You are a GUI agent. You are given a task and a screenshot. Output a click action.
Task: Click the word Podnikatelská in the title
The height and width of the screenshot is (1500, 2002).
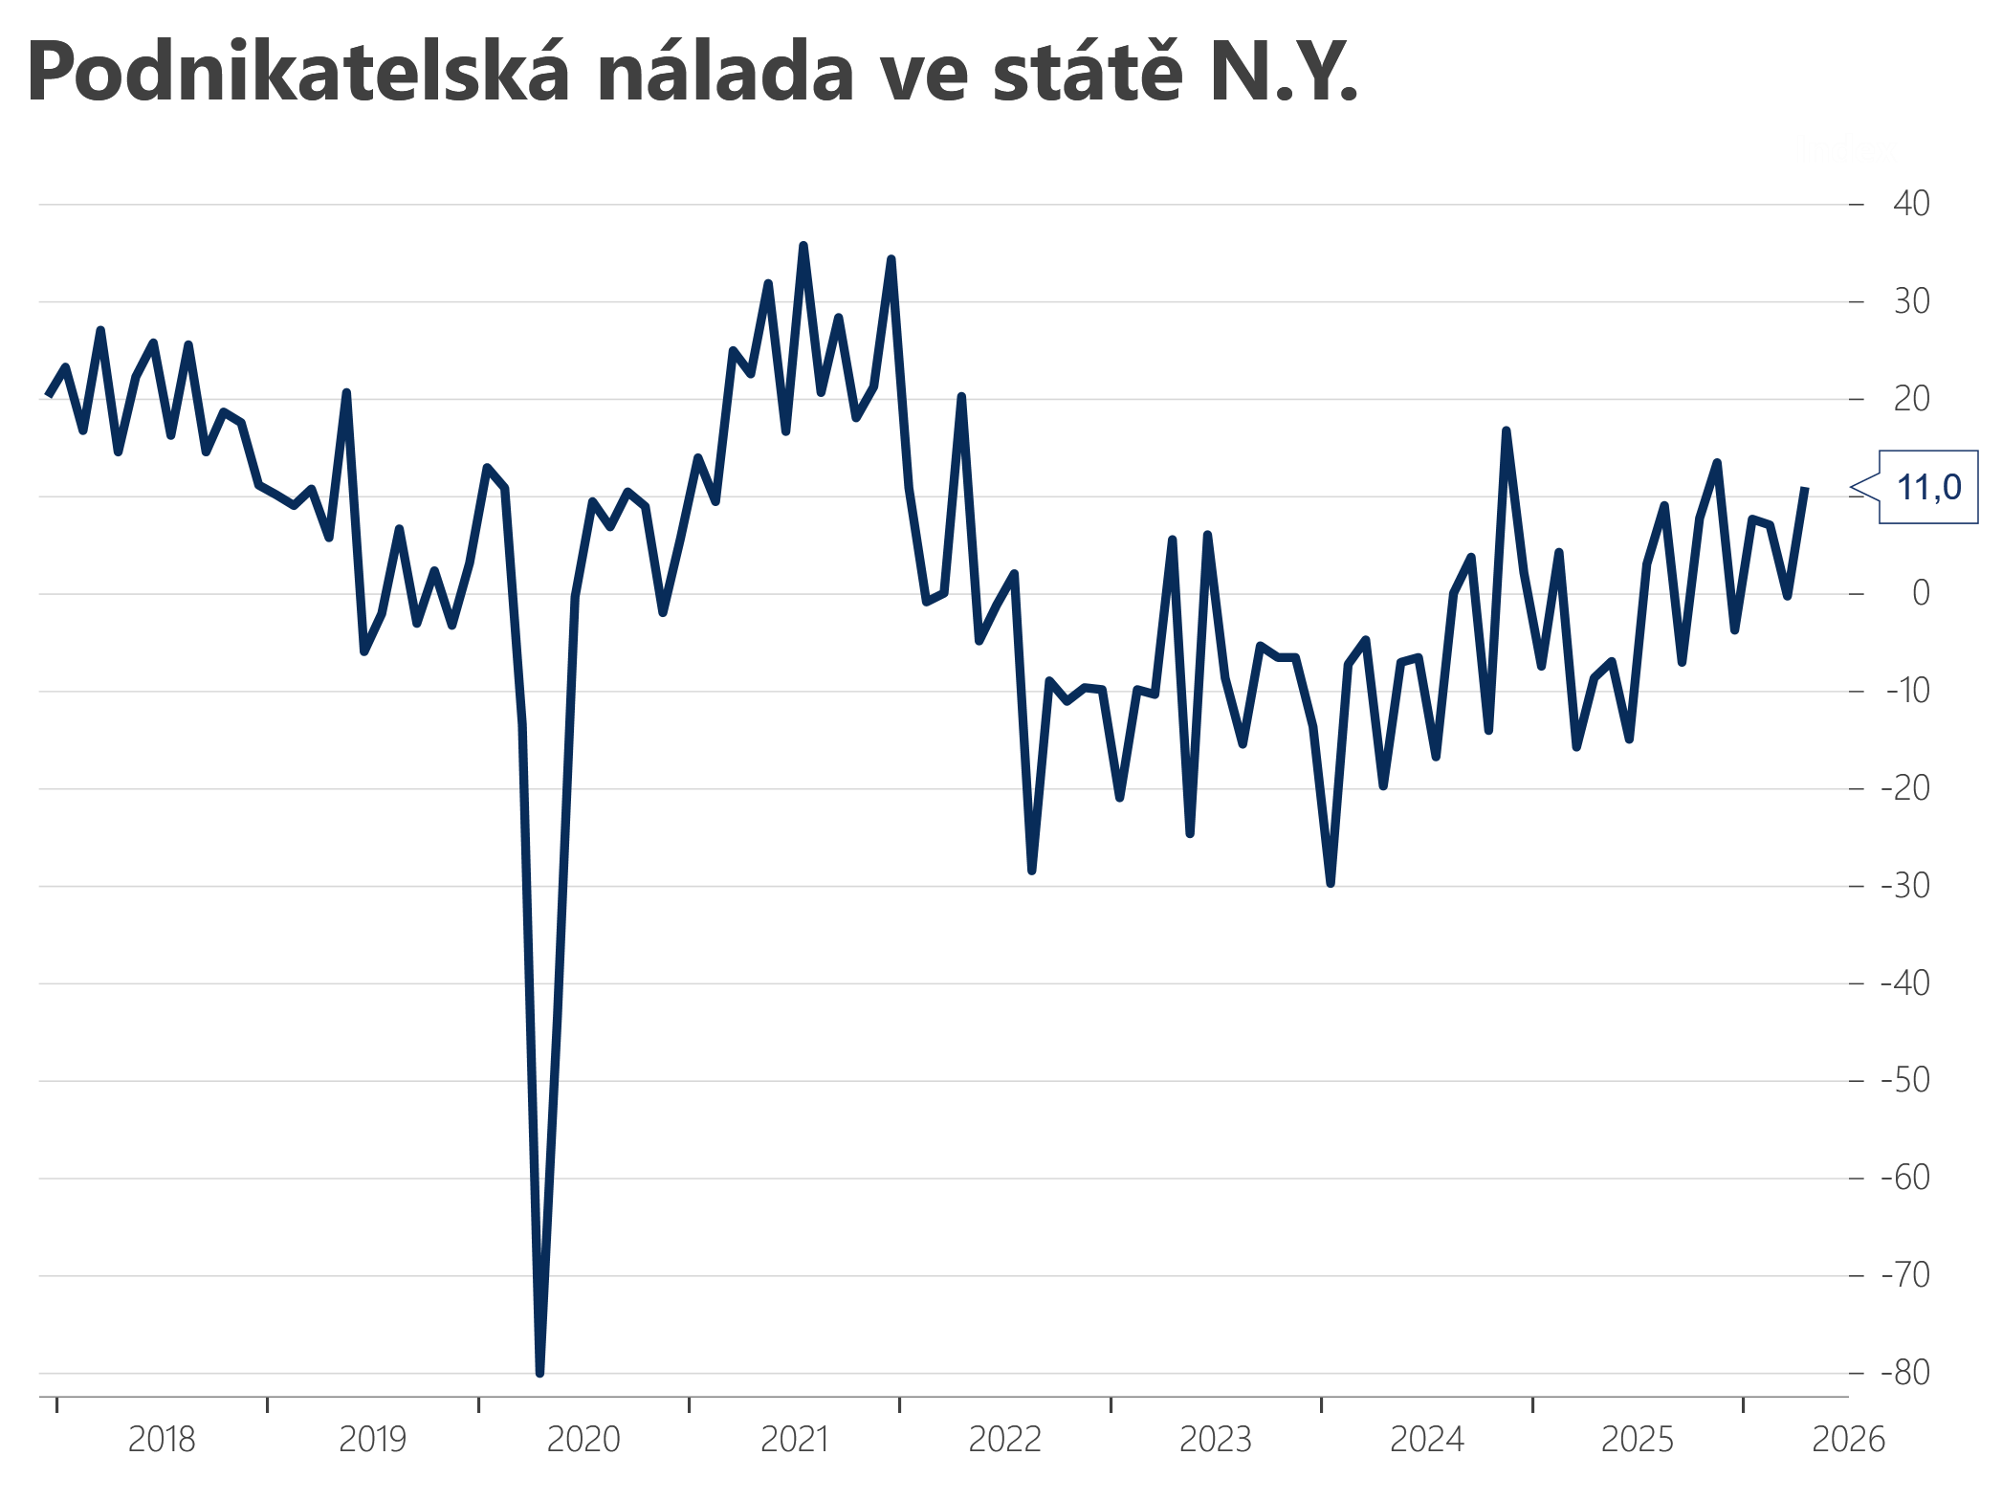tap(297, 73)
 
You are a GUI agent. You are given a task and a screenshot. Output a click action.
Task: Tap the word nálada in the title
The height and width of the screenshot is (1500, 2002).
tap(725, 73)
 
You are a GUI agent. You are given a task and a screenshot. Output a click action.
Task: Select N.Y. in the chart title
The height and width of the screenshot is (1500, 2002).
tap(1282, 73)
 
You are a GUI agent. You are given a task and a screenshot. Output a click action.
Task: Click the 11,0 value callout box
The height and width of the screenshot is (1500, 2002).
tap(1927, 488)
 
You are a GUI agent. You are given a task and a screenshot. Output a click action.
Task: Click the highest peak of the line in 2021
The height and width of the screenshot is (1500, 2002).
tap(803, 246)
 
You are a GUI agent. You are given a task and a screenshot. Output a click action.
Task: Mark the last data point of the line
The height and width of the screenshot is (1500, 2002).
tap(1804, 489)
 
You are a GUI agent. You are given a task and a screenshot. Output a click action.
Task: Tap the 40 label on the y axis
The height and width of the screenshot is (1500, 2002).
tap(1911, 204)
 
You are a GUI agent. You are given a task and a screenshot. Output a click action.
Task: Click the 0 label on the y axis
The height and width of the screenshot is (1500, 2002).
tap(1920, 594)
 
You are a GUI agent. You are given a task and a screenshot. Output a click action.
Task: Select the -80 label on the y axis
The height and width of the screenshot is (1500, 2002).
tap(1904, 1373)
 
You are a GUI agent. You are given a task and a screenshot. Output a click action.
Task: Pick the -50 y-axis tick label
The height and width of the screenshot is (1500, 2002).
tap(1904, 1081)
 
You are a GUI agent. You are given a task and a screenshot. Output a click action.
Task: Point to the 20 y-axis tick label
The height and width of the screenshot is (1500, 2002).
tap(1911, 399)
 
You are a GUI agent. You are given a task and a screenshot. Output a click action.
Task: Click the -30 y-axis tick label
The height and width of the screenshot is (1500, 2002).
tap(1904, 886)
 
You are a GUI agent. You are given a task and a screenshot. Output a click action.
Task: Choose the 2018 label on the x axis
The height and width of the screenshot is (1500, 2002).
tap(162, 1440)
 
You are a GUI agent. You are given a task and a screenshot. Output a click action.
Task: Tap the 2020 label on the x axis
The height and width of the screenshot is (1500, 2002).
tap(583, 1440)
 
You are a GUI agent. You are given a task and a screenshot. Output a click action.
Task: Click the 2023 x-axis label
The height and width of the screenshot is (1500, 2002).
tap(1216, 1440)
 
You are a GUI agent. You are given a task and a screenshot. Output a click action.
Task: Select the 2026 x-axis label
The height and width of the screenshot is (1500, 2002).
tap(1848, 1440)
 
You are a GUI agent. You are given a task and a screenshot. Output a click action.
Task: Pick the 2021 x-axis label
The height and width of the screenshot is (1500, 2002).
tap(794, 1440)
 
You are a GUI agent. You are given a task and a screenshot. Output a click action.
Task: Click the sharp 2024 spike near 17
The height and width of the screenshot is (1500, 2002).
tap(1506, 431)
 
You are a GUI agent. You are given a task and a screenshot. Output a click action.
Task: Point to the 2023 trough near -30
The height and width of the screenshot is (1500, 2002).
tap(1331, 883)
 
